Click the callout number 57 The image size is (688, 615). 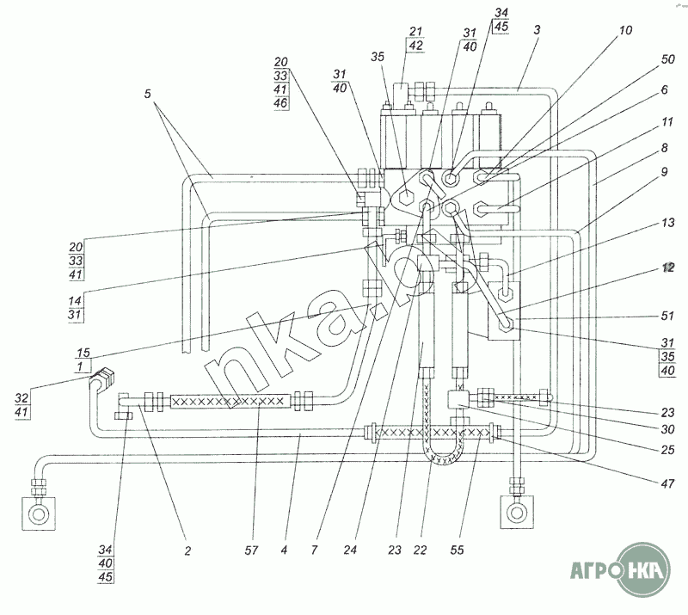[251, 550]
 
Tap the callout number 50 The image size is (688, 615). [667, 58]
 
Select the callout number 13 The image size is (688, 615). [667, 223]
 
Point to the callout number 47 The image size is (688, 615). [667, 483]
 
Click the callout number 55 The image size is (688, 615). [457, 550]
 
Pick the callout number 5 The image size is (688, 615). [147, 94]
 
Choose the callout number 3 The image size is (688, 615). [537, 30]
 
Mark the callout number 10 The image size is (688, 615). [625, 30]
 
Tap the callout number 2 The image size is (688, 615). [187, 550]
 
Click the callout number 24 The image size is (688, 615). [350, 550]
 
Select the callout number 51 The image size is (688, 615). [667, 316]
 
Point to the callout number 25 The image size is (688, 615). [667, 450]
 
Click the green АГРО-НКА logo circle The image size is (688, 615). [643, 569]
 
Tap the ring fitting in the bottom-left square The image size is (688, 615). [39, 514]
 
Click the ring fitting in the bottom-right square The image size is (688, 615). [517, 513]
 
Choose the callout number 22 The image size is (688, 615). [420, 550]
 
